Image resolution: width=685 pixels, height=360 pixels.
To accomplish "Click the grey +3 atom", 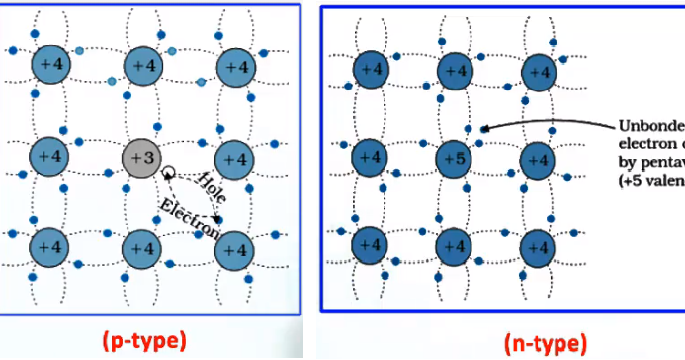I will pos(143,156).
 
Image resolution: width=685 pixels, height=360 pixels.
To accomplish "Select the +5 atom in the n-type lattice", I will pos(454,157).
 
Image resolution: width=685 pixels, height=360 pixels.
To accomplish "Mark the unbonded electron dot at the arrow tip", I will pos(483,129).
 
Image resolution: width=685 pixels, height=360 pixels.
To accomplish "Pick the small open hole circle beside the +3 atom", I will pos(169,171).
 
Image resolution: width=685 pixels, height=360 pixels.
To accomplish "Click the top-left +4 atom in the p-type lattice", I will pos(49,65).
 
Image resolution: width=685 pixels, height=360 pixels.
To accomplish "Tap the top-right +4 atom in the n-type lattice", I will pos(538,70).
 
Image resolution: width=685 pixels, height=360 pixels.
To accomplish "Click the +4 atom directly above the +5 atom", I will pos(454,70).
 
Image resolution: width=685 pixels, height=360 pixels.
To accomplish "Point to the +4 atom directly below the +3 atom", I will pos(143,248).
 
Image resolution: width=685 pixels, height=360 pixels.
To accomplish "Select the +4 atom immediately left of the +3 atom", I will pos(49,156).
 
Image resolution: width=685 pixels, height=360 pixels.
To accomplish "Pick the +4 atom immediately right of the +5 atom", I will pos(538,157).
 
